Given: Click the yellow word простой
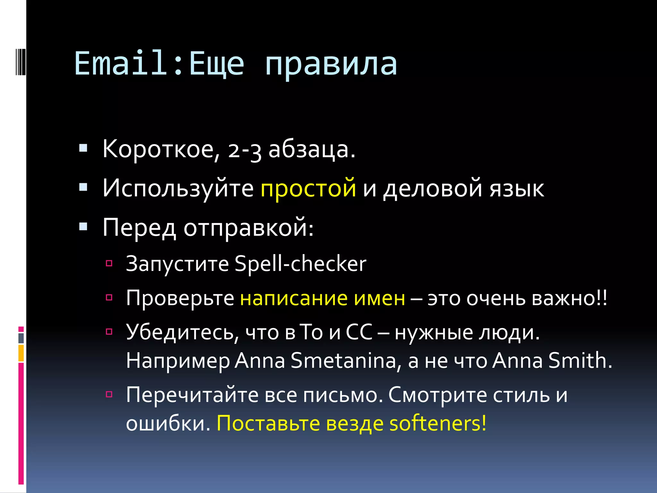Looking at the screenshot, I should (x=308, y=188).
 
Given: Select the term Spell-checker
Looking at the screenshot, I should (x=300, y=264).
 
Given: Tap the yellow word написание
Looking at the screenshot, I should (x=294, y=298).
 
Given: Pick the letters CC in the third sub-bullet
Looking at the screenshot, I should (x=359, y=332).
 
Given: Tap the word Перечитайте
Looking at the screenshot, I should (x=192, y=395).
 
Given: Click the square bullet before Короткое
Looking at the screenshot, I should (x=83, y=148).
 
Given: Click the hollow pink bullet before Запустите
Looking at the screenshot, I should (x=109, y=264).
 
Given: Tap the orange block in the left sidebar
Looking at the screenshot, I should (x=21, y=353).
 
